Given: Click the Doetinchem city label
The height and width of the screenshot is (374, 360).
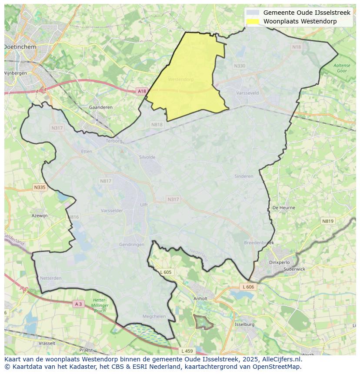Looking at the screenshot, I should click(x=20, y=46).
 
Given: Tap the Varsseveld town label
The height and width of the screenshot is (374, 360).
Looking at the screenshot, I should click(x=247, y=93).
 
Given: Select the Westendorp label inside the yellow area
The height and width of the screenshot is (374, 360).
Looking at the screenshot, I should click(x=180, y=79).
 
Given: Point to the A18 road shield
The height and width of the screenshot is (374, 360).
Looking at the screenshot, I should click(x=142, y=91).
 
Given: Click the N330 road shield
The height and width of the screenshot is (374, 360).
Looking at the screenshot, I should click(x=240, y=66).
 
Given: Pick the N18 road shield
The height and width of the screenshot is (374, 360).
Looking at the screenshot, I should click(x=297, y=47).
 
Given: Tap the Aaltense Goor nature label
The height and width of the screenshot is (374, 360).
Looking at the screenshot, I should click(x=342, y=68).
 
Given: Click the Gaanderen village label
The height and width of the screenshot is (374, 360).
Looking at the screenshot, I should click(x=100, y=107).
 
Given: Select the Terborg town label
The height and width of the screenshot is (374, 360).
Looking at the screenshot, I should click(x=114, y=141).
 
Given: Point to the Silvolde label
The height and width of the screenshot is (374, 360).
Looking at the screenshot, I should click(x=147, y=157).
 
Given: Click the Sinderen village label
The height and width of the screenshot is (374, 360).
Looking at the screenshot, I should click(x=243, y=176).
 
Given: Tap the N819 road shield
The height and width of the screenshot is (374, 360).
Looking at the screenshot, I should click(x=328, y=221).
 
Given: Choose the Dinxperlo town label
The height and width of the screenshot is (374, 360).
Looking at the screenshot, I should click(x=280, y=262).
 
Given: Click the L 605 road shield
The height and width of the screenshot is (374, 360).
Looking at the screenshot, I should click(x=166, y=272).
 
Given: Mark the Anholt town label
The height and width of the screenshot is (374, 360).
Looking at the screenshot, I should click(x=200, y=299).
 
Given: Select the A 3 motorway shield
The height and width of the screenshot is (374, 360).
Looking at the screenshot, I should click(x=78, y=304).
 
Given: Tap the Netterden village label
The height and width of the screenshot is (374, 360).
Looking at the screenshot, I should click(x=50, y=278).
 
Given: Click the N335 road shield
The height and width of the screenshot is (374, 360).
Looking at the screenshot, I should click(x=39, y=187).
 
